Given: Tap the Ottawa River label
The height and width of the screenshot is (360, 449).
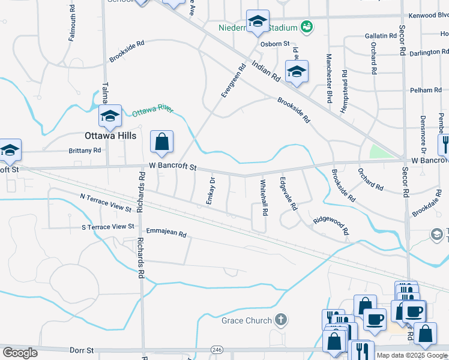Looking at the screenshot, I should coord(152,111).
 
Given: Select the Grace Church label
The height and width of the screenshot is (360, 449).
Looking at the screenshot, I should coord(247,320).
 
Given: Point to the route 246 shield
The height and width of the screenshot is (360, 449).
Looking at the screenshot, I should coord(217,350).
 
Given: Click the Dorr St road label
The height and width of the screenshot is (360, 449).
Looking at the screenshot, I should coord(82,350).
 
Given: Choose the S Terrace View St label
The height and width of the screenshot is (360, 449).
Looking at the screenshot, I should coord(108,226).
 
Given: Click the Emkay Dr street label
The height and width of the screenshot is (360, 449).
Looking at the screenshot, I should coord(211,191).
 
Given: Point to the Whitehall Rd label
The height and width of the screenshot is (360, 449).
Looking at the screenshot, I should coord(264,197).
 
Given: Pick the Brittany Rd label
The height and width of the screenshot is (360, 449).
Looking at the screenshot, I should coord(85,151).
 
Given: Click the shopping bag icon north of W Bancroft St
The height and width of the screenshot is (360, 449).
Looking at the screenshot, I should coord(161,142).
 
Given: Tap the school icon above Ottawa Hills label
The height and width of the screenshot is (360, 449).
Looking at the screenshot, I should coord(110,116).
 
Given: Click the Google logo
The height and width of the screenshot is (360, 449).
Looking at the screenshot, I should coord(20,353).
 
